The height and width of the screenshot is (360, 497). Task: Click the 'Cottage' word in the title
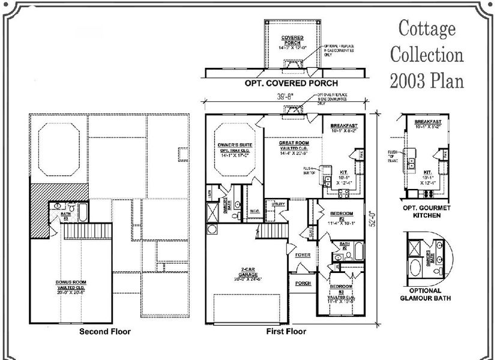tap(427, 29)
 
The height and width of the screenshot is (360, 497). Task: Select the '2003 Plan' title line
tap(427, 80)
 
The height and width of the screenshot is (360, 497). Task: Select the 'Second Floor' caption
tap(105, 331)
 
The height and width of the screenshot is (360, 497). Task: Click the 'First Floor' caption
tap(286, 331)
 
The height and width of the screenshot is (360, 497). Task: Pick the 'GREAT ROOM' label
tap(294, 143)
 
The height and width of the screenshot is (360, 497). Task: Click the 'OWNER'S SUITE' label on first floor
tap(235, 145)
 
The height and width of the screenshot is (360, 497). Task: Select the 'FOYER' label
tap(302, 254)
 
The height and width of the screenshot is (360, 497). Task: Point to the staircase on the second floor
tap(76, 230)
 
